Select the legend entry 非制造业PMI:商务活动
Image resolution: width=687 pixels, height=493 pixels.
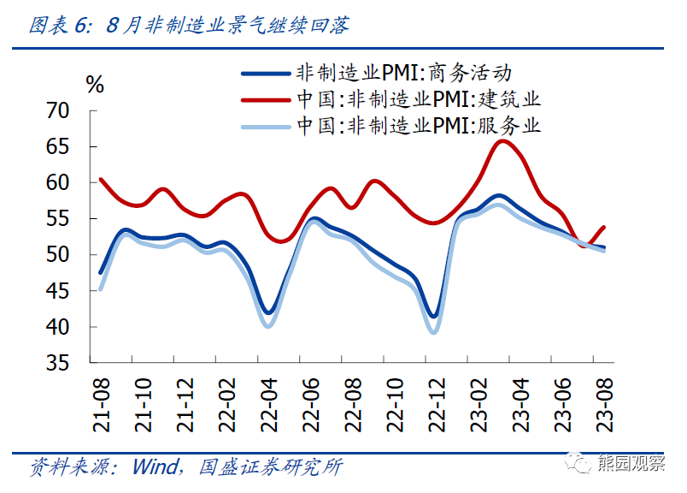(402, 73)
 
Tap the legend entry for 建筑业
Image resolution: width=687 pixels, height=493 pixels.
(418, 99)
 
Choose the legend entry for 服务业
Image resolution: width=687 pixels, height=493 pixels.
(418, 126)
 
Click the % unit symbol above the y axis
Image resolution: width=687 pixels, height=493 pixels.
(94, 84)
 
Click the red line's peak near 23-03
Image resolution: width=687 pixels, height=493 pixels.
(502, 140)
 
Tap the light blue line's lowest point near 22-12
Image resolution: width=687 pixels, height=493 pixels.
(433, 332)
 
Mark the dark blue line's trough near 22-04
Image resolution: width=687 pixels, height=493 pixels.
(268, 312)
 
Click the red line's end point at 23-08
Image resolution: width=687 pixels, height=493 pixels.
(604, 228)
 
